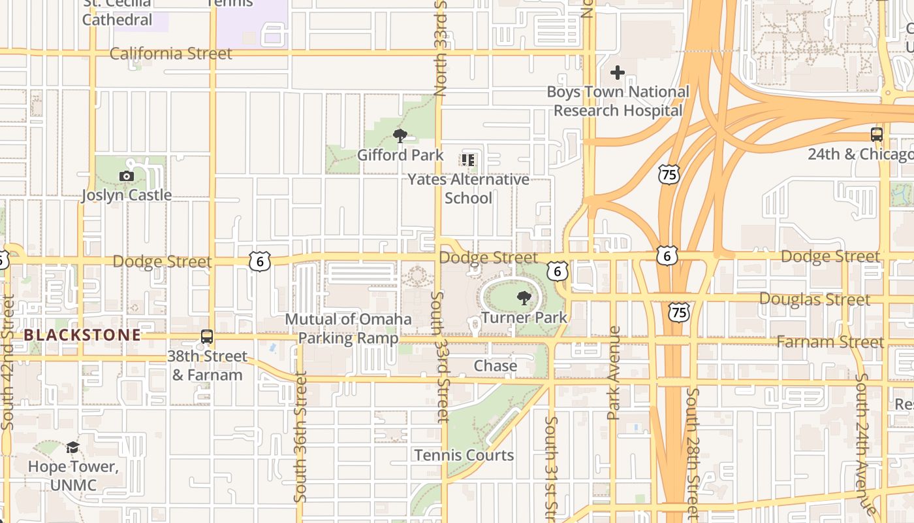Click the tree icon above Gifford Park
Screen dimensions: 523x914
(x=400, y=136)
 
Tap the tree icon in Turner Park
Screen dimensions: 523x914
(x=524, y=299)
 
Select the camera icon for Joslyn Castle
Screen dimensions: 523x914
(x=127, y=176)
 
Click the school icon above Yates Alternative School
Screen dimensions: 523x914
(x=468, y=160)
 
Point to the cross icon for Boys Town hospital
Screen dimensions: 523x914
(x=618, y=73)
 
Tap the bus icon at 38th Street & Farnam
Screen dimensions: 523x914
(x=207, y=337)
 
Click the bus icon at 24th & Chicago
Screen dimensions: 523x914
(x=877, y=135)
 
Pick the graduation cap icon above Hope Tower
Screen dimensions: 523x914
(x=72, y=448)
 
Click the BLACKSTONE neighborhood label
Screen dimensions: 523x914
(x=82, y=335)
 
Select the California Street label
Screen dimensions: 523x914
(x=170, y=54)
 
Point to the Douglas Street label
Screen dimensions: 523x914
(x=814, y=299)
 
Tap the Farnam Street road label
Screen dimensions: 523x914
(x=830, y=342)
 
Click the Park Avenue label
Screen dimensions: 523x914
(x=613, y=373)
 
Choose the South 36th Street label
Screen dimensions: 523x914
(x=300, y=437)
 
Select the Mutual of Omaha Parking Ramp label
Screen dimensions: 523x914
(x=349, y=329)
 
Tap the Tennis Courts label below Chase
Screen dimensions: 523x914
(x=464, y=455)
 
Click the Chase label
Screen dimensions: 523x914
(x=495, y=366)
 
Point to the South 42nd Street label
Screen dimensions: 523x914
(x=8, y=362)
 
